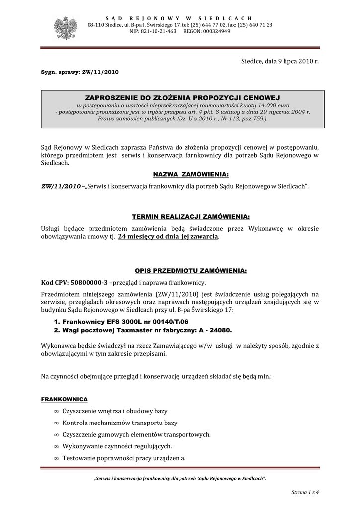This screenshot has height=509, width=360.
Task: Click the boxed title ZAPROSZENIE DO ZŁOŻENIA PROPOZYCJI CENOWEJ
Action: coord(182,99)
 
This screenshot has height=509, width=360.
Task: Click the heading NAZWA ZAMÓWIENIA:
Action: coord(191,175)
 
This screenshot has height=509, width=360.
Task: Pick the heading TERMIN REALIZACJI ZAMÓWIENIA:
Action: coord(190,217)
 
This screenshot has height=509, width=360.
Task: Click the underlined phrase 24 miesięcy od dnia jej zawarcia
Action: coord(168,237)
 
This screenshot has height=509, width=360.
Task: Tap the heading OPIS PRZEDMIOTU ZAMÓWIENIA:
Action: coord(191,271)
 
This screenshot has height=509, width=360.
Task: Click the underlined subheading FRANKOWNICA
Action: coord(65,399)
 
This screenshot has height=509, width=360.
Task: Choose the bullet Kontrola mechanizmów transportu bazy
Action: coord(119,423)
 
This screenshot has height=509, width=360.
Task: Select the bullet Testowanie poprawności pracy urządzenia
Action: coord(124,458)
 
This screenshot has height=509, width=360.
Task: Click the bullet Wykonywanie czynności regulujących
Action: coord(117,446)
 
